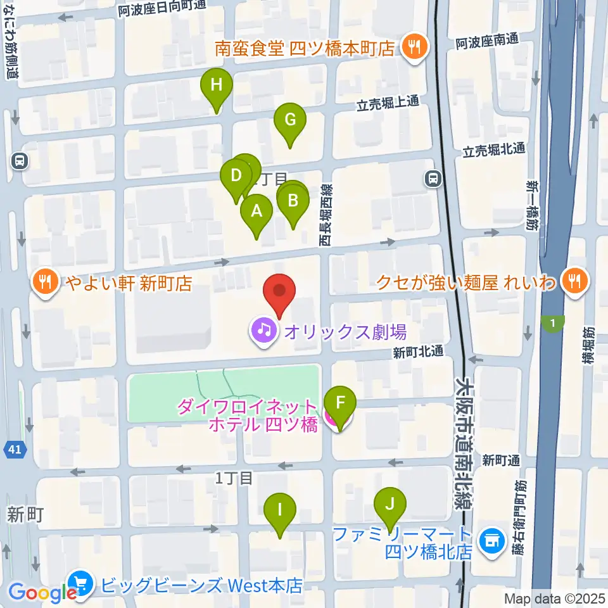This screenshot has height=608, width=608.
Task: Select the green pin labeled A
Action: (256, 212)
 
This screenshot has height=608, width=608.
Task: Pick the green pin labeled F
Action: (340, 403)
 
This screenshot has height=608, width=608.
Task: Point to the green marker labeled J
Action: (390, 505)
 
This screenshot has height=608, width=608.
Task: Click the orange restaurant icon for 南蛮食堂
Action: (415, 48)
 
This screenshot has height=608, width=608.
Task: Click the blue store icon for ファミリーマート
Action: (491, 540)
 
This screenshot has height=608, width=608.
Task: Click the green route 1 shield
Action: (554, 324)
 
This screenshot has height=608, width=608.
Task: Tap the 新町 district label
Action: (25, 514)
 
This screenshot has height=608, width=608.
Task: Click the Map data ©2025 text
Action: (554, 598)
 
